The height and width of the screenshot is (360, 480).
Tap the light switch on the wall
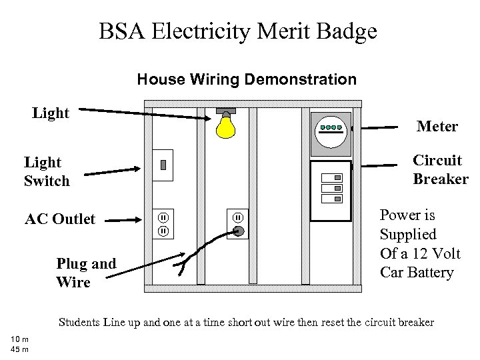[163, 165]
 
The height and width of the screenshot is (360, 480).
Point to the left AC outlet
[163, 225]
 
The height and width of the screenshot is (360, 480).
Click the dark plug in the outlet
[239, 232]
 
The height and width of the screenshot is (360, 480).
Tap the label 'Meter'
[437, 126]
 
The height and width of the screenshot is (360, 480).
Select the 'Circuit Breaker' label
[440, 170]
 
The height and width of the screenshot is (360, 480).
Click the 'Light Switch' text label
[47, 171]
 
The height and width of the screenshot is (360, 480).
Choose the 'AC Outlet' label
[60, 219]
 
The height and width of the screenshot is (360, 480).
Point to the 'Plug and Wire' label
[86, 273]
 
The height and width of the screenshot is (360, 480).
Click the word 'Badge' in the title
[344, 31]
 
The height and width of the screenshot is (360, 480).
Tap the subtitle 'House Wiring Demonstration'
[247, 80]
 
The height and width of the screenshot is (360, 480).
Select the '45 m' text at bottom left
[19, 350]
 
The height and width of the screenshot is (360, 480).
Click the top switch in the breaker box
[331, 178]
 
